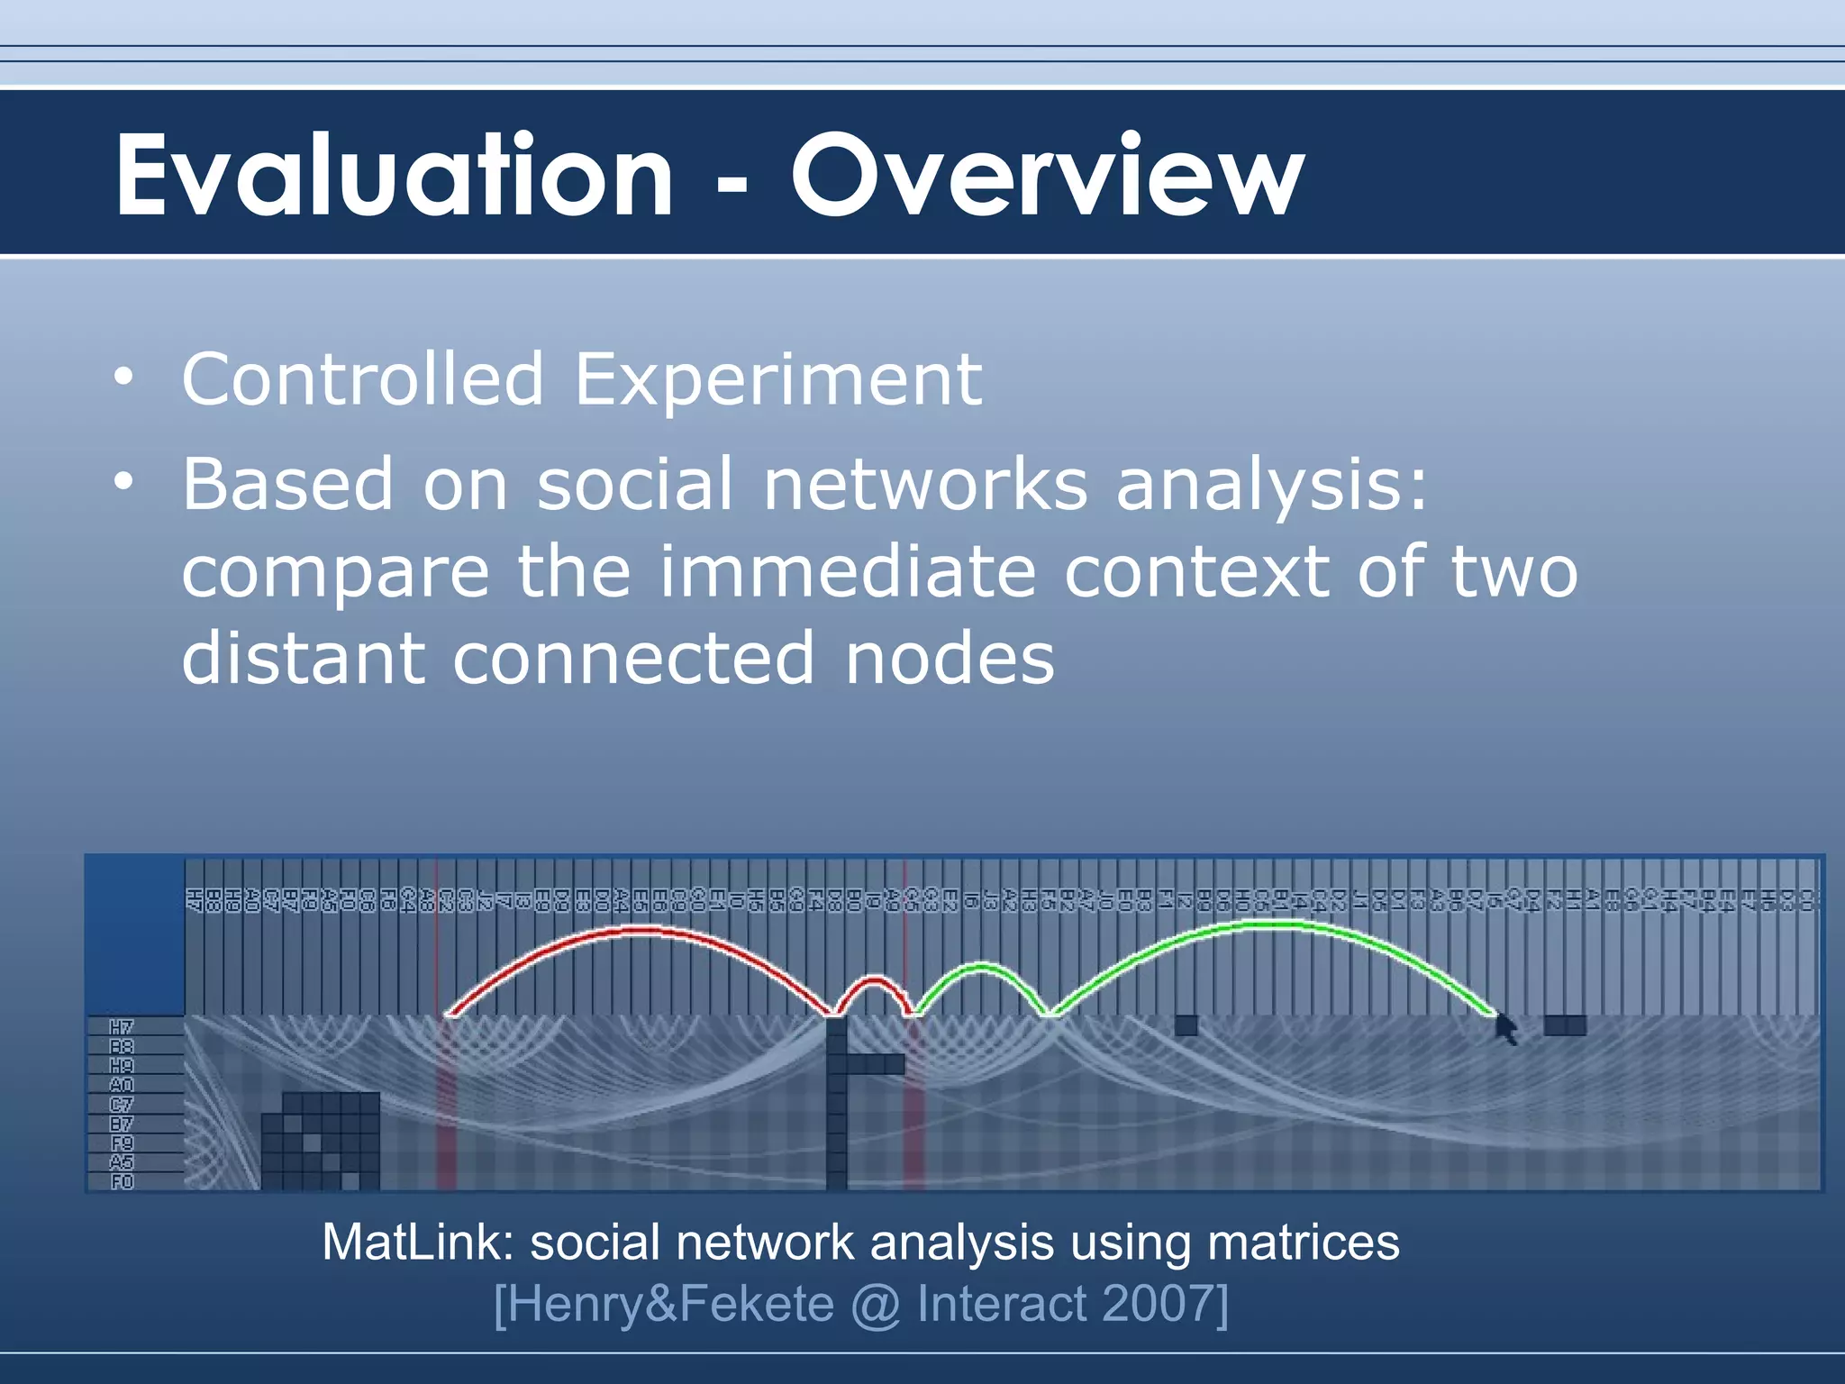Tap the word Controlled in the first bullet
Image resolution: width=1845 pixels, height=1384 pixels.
tap(362, 379)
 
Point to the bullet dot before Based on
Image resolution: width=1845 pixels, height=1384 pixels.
tap(123, 481)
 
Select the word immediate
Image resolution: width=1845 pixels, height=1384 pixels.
tap(847, 572)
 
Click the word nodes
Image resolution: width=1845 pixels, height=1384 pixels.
tap(950, 659)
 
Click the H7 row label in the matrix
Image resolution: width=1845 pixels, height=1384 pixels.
tap(122, 1027)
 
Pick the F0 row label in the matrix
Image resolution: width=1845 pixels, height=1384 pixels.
tap(122, 1181)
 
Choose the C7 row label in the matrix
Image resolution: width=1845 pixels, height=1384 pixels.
tap(122, 1105)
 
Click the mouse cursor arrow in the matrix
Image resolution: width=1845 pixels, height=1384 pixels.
tap(1505, 1028)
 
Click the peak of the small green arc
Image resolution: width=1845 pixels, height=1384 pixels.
tap(980, 968)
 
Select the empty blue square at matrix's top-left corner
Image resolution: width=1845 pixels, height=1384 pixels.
tap(135, 935)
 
